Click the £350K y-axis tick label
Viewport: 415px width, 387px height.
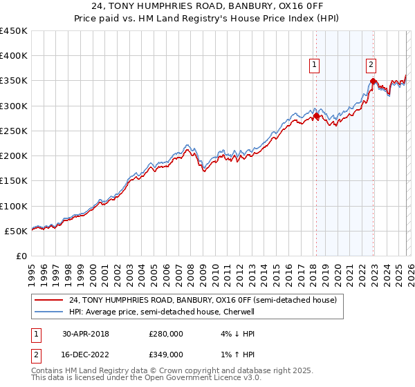(14, 81)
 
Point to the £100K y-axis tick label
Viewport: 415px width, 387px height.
(14, 206)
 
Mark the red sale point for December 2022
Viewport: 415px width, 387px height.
(373, 82)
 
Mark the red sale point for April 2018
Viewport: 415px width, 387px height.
(316, 116)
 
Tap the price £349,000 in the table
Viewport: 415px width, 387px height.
(166, 354)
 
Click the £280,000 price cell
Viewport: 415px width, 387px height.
(166, 333)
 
